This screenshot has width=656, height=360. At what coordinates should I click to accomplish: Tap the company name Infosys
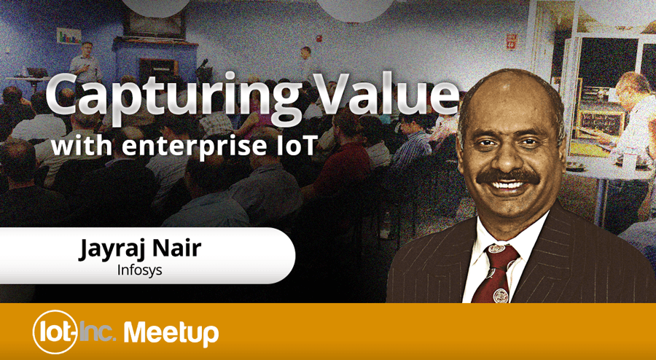click(x=140, y=270)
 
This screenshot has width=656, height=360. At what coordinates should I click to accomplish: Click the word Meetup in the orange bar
click(x=171, y=332)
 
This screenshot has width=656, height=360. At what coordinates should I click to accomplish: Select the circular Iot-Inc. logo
click(x=55, y=332)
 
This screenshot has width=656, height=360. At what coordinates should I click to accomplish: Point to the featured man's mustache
click(x=508, y=177)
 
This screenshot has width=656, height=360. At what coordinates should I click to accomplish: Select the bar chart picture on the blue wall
click(x=69, y=36)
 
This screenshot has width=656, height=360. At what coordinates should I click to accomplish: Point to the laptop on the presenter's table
click(x=37, y=72)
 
